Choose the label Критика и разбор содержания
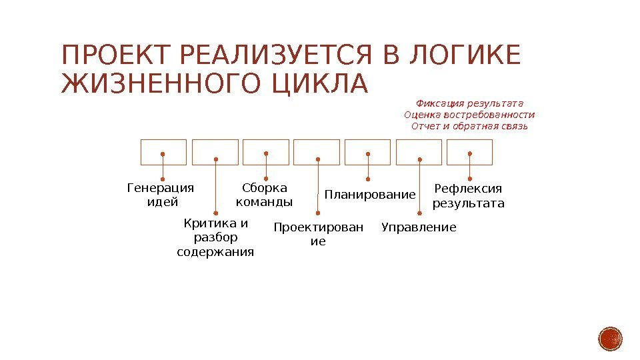coord(215,237)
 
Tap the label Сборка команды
coord(265,195)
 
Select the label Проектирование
coord(319,235)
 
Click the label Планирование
coord(369,195)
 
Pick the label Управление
coord(419,228)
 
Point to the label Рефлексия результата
coord(469,195)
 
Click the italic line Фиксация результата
coord(469,103)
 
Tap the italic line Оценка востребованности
coord(469,115)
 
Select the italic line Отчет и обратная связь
coord(469,126)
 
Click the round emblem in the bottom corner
coord(610,339)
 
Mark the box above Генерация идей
coord(163,152)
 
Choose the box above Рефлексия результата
coord(469,152)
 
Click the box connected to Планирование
coord(367,152)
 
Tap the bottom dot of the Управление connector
coord(419,213)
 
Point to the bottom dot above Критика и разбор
coord(215,213)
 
